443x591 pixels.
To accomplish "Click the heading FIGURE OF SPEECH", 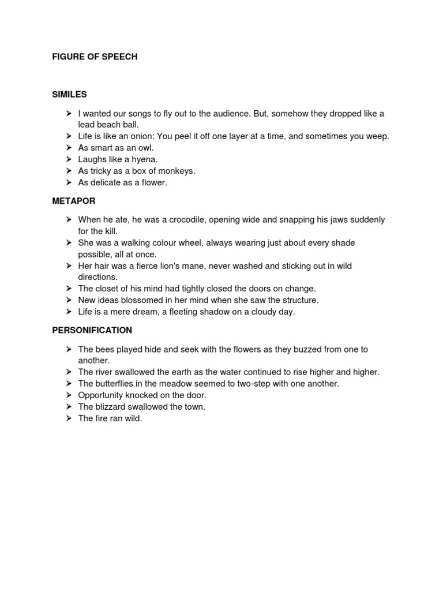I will pos(95,57).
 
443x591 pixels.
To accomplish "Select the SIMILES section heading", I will pos(69,94).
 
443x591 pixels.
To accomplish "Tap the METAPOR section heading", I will pos(74,201).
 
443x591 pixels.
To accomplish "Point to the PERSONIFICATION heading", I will pos(92,330).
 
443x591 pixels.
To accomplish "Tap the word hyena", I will pos(144,159).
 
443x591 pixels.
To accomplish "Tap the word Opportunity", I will pos(102,395).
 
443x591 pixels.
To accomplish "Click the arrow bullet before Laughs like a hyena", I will pos(68,159).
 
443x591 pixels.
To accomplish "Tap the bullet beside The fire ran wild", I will pos(68,418).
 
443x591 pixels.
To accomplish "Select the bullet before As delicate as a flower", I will pos(68,182).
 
